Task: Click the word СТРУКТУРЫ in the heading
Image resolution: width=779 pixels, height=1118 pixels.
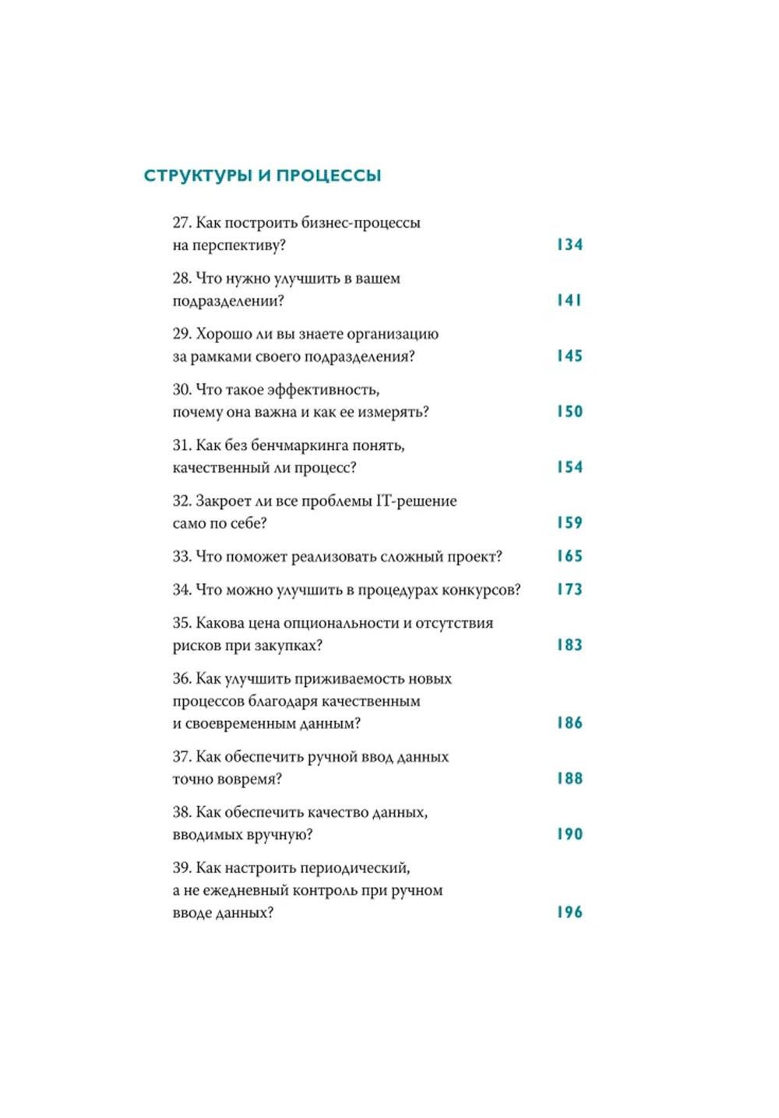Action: pyautogui.click(x=199, y=175)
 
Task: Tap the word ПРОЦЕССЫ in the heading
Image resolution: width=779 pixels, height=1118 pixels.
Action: pyautogui.click(x=329, y=175)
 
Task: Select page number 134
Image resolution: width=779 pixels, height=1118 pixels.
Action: pyautogui.click(x=569, y=245)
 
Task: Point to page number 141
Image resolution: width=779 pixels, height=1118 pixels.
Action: pyautogui.click(x=569, y=300)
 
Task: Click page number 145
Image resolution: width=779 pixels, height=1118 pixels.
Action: pyautogui.click(x=569, y=356)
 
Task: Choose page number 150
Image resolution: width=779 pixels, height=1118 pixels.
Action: pyautogui.click(x=569, y=412)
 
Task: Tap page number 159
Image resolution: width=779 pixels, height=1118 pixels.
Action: pyautogui.click(x=569, y=522)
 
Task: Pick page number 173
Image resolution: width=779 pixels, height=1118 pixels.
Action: pyautogui.click(x=569, y=589)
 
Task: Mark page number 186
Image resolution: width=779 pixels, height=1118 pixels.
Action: pyautogui.click(x=569, y=723)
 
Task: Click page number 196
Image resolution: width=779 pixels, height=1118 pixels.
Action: pyautogui.click(x=569, y=912)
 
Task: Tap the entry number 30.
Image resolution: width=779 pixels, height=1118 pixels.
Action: pyautogui.click(x=182, y=390)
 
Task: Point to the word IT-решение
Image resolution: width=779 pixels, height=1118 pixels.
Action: pyautogui.click(x=417, y=501)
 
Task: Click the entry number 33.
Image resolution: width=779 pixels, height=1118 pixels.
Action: pyautogui.click(x=182, y=557)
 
